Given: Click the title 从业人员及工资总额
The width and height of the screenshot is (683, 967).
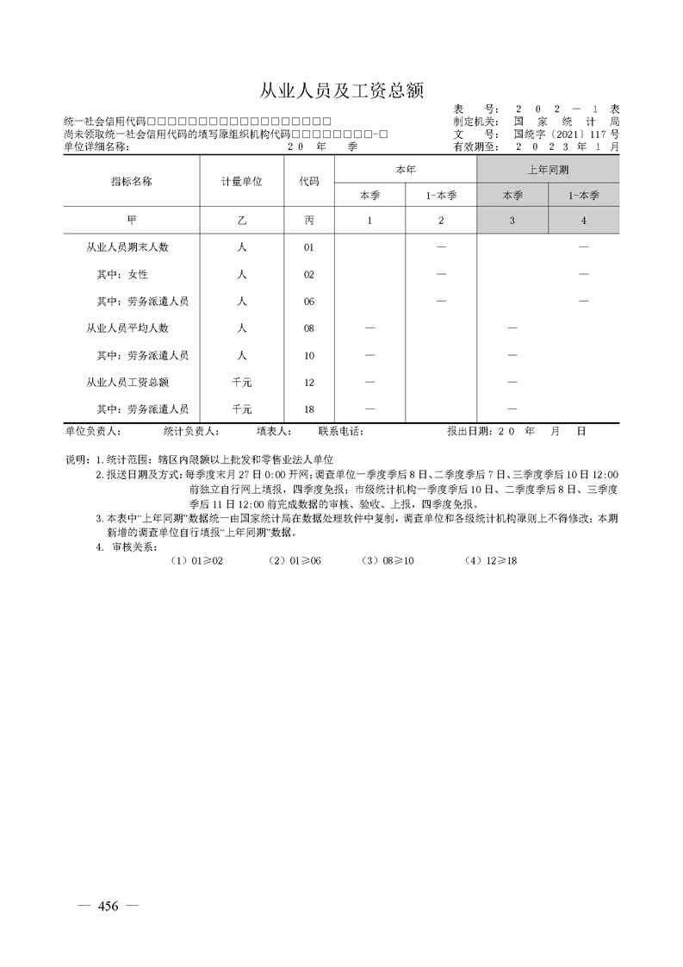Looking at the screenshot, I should pos(342,91).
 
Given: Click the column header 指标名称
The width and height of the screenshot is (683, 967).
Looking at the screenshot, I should pos(132,182).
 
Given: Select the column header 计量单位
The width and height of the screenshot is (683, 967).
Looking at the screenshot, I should pos(242,182).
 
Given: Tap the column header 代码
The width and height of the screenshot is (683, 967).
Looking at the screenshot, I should pos(309,182).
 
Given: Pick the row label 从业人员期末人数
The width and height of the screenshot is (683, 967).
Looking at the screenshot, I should pos(127,247).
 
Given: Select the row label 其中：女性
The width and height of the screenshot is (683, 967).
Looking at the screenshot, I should pos(122,274).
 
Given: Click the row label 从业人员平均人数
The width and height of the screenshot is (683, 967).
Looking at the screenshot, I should pos(127,328).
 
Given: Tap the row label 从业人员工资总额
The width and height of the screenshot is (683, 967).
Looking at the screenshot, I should pos(127,382).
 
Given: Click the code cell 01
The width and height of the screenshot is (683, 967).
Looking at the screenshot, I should pos(309,247).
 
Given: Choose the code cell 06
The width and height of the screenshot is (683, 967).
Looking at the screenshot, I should pos(309,301).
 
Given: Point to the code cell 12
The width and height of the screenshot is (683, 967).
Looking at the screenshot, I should pos(309,382).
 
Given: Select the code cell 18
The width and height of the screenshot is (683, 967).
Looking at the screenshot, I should pos(309,409).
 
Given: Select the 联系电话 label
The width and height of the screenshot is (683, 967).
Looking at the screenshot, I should pos(341,430).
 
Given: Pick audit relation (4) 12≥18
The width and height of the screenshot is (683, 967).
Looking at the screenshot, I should pos(490,560).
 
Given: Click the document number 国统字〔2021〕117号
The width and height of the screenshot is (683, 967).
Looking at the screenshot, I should pos(566,134).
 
